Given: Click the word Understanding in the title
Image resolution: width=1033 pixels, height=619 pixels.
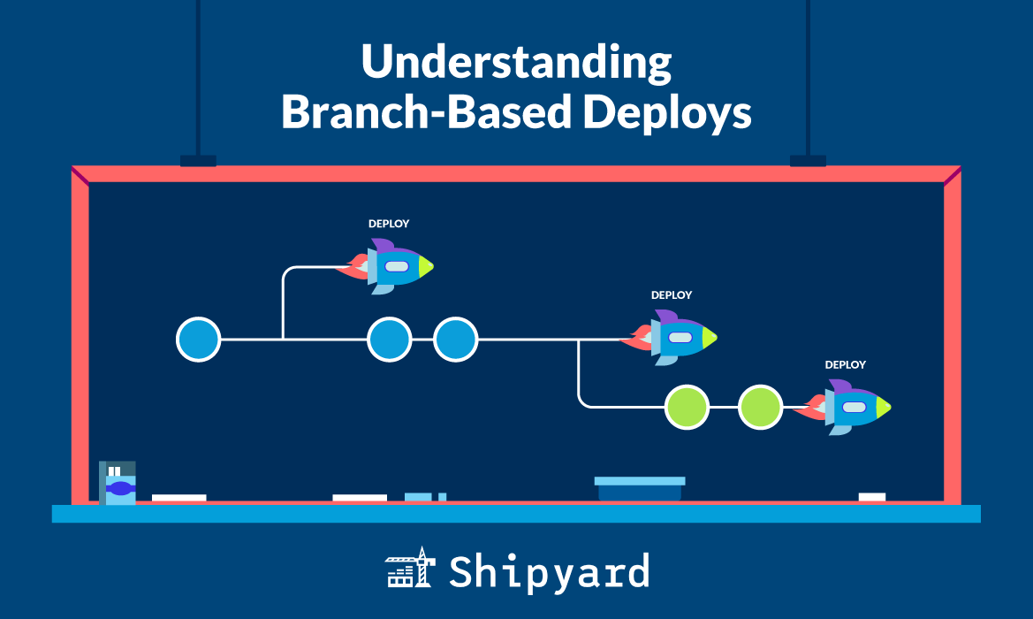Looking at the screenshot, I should (516, 65).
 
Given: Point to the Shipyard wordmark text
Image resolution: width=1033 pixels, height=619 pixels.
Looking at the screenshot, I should (549, 571).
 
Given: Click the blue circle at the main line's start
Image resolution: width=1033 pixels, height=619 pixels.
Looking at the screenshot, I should (198, 340).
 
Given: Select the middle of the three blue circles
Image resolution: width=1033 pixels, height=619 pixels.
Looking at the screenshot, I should (389, 340).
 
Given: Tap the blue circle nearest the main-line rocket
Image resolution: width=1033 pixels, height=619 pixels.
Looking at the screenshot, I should (455, 340).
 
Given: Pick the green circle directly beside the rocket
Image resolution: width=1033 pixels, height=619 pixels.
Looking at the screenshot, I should (760, 408).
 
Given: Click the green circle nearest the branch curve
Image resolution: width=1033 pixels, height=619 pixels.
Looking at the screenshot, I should (687, 408).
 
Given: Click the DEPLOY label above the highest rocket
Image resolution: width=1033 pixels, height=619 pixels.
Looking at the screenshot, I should (389, 224).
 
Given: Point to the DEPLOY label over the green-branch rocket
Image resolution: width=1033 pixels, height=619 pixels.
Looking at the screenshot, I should (846, 364).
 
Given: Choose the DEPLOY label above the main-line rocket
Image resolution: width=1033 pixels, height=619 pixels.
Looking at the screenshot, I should (672, 295).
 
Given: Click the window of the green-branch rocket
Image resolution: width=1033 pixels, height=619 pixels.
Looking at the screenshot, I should (854, 408).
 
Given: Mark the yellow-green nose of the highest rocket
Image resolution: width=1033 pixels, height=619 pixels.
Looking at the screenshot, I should (426, 266).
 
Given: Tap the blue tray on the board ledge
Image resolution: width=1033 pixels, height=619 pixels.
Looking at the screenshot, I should (640, 488).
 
